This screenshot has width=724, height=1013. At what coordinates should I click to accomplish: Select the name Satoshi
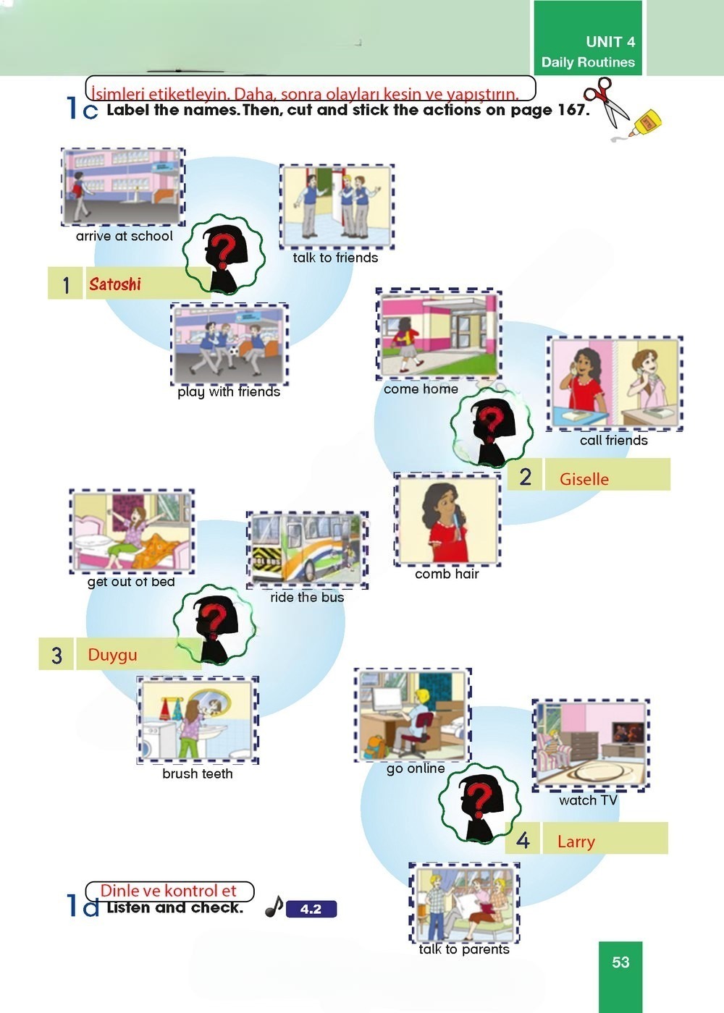point(115,284)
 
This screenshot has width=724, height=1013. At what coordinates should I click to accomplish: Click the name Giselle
point(584,478)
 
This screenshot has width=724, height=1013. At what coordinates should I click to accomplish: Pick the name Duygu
point(112,655)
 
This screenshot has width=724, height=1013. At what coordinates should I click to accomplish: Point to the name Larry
point(576,842)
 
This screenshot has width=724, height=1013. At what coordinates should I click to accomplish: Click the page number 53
point(620,962)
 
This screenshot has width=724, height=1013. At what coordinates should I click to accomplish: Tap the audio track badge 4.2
point(311,909)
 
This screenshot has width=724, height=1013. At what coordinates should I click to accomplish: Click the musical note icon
point(274,907)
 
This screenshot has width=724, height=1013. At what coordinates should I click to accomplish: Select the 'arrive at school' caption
point(124,236)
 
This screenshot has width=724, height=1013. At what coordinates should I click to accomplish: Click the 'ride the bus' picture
point(307,549)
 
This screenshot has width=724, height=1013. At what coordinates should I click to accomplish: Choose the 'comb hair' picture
point(447,520)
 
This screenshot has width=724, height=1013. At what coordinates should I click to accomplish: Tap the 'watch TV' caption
point(588,800)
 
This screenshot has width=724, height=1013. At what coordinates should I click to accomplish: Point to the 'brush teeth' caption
point(198,773)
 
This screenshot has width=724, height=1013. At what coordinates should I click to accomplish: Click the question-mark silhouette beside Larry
point(479,803)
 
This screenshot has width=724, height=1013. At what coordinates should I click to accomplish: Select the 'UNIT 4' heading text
point(610,41)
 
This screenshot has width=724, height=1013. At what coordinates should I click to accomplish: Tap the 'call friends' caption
point(614,440)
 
